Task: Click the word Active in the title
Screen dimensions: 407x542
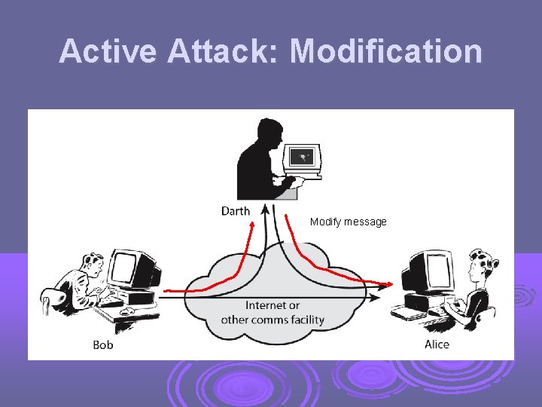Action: pos(108,51)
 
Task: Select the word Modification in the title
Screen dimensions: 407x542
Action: pos(386,51)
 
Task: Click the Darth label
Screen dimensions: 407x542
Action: pos(236,211)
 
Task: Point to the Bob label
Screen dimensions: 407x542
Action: pos(103,345)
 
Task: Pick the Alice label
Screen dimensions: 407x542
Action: pos(437,344)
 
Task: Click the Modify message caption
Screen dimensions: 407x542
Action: pos(348,222)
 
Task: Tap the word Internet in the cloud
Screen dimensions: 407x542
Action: pos(273,305)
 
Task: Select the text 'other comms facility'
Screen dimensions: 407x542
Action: pos(273,320)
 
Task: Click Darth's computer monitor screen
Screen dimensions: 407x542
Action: pos(304,158)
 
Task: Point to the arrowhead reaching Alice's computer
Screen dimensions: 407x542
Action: pos(387,286)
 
